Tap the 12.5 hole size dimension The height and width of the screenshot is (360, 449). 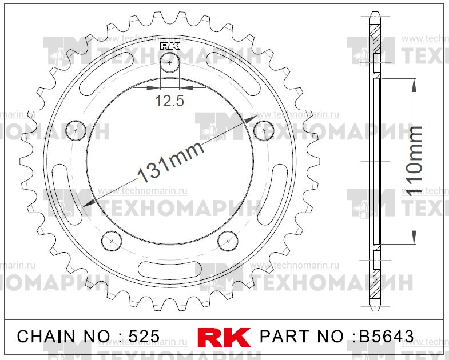(x=169, y=102)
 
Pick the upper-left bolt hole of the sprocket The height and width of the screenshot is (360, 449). (x=76, y=130)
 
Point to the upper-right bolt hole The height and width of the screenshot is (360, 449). (x=264, y=130)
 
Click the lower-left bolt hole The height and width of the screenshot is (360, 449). (x=110, y=239)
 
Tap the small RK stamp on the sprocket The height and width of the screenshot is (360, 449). (x=170, y=46)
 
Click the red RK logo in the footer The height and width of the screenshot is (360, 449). (x=224, y=336)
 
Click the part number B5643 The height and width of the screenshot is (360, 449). (x=386, y=336)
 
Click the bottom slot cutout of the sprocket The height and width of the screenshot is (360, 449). (x=170, y=267)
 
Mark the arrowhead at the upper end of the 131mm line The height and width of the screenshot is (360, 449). (x=252, y=119)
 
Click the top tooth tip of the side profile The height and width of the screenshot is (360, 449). (x=375, y=14)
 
